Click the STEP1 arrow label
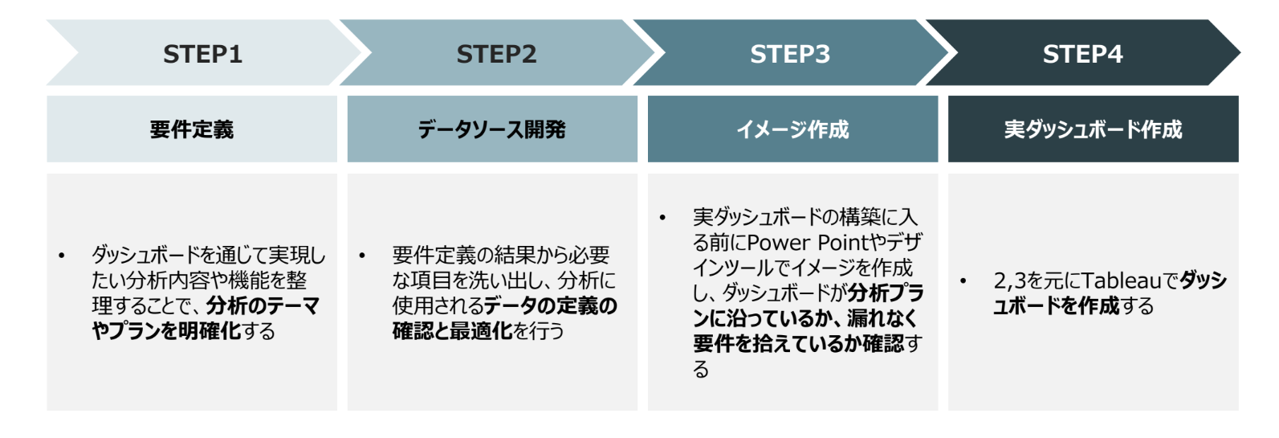[x=202, y=54]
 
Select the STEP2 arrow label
[x=496, y=54]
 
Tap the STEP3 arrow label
[x=790, y=54]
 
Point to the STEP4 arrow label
[x=1082, y=54]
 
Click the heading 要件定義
[x=192, y=129]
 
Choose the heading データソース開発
[x=492, y=129]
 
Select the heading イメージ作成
[x=792, y=129]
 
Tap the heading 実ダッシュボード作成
[x=1093, y=129]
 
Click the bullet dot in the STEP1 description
[x=62, y=256]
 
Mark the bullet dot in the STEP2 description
[x=362, y=256]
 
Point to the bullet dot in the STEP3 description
[x=662, y=218]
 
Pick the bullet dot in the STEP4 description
[x=963, y=281]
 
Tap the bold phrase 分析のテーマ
[x=263, y=306]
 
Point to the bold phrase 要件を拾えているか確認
[x=799, y=344]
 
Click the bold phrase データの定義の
[x=551, y=306]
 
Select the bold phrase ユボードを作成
[x=1056, y=306]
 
